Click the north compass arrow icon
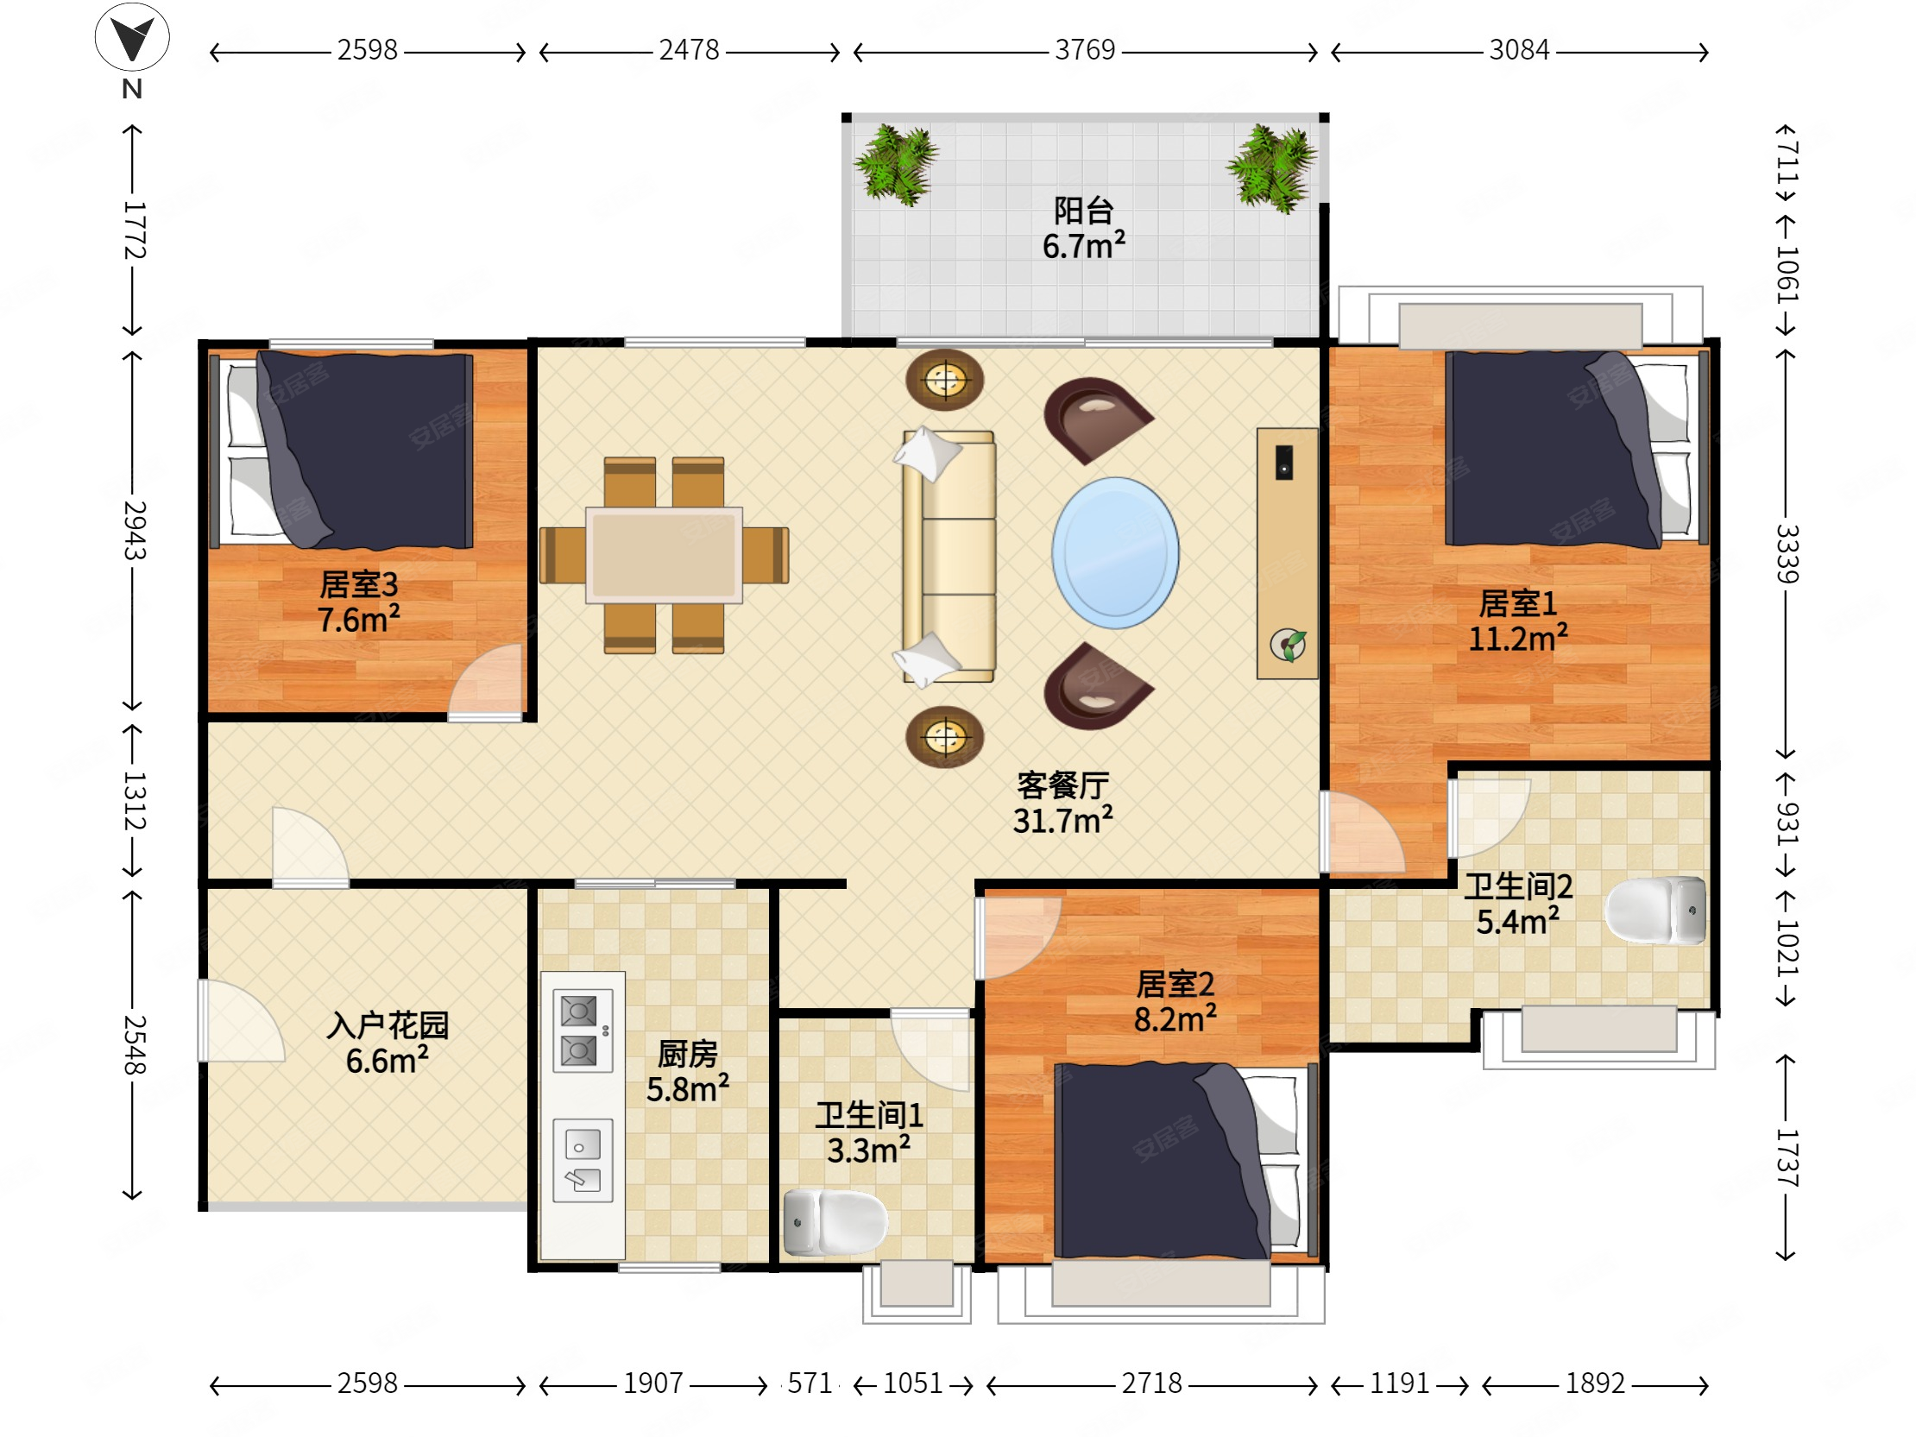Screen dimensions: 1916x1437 (132, 36)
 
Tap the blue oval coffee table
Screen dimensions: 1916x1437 (1115, 552)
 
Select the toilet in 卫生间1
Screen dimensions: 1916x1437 (835, 1221)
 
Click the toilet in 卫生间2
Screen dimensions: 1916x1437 (1655, 910)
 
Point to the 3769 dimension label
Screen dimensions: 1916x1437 (1085, 50)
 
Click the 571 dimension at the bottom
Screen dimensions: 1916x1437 (809, 1383)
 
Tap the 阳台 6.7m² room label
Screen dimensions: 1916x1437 (1084, 229)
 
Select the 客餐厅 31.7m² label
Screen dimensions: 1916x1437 (1062, 803)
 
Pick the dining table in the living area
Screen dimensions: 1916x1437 (664, 554)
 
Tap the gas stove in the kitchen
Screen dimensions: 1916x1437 (583, 1030)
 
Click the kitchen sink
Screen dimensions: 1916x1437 (583, 1161)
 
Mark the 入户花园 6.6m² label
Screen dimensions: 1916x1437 (388, 1043)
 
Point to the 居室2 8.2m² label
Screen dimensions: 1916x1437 (1175, 1001)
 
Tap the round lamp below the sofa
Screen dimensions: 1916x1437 (944, 737)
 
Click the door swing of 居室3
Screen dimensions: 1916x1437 (485, 681)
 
